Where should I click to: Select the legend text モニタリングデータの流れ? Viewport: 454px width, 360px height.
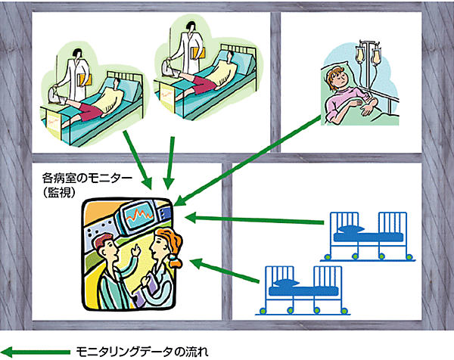[141, 351]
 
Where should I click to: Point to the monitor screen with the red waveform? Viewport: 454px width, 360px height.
[141, 220]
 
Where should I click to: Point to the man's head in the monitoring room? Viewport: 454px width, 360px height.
[105, 245]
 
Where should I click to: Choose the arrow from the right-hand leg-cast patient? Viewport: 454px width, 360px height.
[173, 162]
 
